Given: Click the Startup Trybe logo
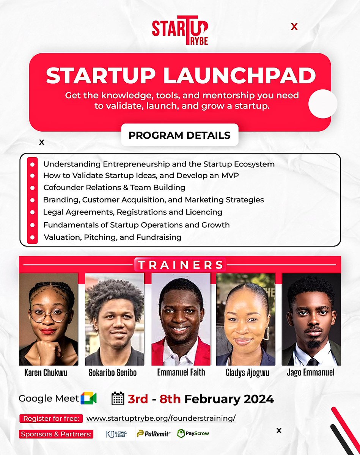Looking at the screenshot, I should coord(180,31).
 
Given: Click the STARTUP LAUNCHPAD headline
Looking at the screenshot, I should coord(181,76).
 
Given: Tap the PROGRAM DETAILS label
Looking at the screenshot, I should coord(179,135).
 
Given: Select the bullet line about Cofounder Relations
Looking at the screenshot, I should coord(114,187).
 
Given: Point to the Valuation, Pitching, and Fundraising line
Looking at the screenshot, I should coord(112,237).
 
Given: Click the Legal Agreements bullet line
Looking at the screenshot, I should coord(132,212).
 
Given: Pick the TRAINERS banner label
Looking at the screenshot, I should coord(180,265).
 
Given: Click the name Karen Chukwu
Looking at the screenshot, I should coord(46,373).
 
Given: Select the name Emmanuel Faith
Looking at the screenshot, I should coord(181,373).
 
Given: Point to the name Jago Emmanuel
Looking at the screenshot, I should coord(311,373).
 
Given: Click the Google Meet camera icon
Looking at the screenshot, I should coord(88,399).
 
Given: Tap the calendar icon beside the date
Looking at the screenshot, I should coord(118,399).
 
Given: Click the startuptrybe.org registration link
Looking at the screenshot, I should coord(161,419).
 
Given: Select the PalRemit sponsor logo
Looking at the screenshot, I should coord(153,433).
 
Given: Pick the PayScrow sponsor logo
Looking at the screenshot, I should coord(193,433).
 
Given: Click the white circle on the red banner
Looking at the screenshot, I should coord(323,104).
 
